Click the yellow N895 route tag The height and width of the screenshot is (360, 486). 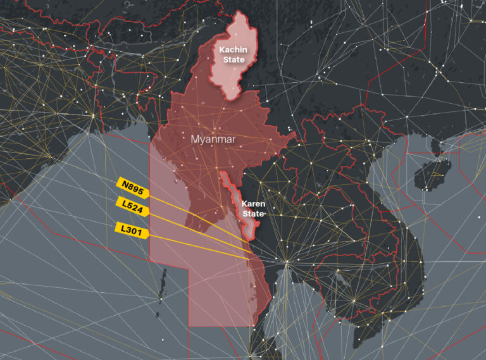pyautogui.click(x=132, y=186)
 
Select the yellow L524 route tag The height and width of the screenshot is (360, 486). pyautogui.click(x=132, y=206)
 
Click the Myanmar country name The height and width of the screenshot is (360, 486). pyautogui.click(x=213, y=139)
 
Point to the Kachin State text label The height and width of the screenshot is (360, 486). pyautogui.click(x=232, y=54)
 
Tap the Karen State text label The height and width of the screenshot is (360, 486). pyautogui.click(x=253, y=209)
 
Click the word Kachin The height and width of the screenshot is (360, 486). pyautogui.click(x=232, y=49)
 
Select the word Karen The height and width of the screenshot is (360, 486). pyautogui.click(x=253, y=204)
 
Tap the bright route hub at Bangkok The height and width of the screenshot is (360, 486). pyautogui.click(x=286, y=261)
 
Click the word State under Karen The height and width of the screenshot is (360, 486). pyautogui.click(x=253, y=214)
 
